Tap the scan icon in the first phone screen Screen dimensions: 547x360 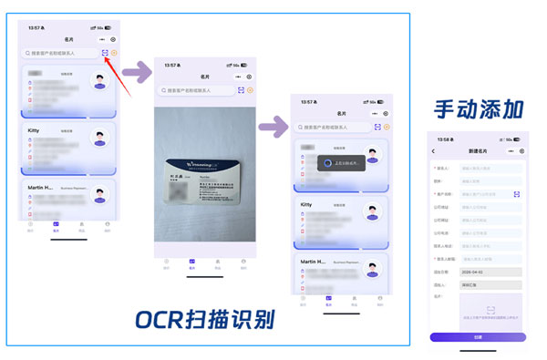click(106, 53)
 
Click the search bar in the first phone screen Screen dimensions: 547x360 click(61, 53)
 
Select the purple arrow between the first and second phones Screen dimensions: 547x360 click(138, 70)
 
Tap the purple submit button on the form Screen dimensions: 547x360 click(477, 336)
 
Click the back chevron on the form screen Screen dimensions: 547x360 click(434, 150)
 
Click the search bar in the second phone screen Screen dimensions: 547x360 click(195, 91)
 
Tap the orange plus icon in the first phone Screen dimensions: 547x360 click(115, 53)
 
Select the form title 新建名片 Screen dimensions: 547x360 click(477, 150)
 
